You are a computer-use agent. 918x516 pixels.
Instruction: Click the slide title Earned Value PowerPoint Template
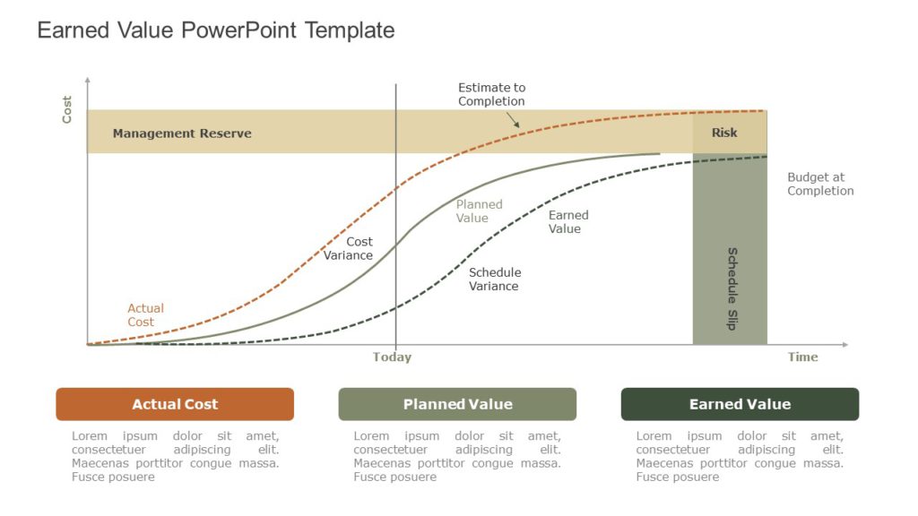(x=215, y=30)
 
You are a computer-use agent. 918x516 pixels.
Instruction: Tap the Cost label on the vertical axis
(x=67, y=109)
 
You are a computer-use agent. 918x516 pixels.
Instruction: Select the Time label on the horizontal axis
(x=802, y=357)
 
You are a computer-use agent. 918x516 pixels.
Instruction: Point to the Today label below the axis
(x=392, y=357)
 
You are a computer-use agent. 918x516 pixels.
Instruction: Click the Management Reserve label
(x=182, y=133)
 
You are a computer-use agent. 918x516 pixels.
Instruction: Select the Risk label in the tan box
(x=724, y=133)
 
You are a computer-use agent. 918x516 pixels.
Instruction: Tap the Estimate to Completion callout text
(x=491, y=94)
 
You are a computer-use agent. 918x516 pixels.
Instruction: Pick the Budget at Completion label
(x=820, y=184)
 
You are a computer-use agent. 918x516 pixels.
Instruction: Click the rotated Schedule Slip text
(x=732, y=288)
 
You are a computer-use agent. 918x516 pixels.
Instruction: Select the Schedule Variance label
(x=494, y=279)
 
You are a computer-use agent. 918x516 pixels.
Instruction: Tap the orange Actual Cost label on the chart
(x=144, y=315)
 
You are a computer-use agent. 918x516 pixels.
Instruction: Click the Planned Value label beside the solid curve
(x=478, y=211)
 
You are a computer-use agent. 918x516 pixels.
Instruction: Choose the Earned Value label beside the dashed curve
(x=567, y=221)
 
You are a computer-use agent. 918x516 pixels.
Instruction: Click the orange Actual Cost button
(x=175, y=404)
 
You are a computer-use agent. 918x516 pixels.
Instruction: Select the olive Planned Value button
(x=457, y=404)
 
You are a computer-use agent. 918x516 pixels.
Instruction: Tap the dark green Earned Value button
(x=740, y=404)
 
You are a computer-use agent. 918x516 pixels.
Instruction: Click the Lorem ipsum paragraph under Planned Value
(x=457, y=456)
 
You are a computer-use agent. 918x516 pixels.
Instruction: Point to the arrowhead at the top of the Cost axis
(x=87, y=81)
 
